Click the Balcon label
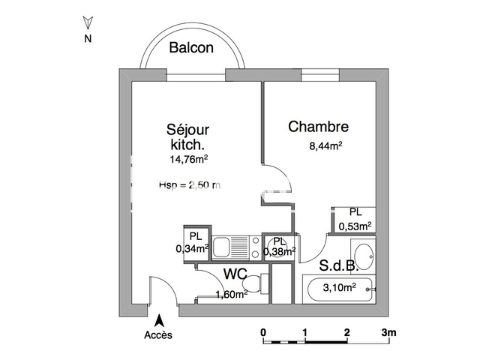point(191,48)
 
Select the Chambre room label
point(319,127)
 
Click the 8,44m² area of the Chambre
point(326,146)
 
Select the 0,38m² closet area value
point(280,251)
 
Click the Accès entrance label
point(158,334)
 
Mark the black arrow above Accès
point(159,321)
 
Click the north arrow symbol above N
point(88,22)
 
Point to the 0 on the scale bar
point(263,331)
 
